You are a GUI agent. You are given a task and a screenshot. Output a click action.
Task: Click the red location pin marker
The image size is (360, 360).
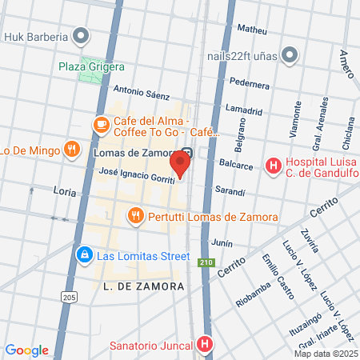[181, 163]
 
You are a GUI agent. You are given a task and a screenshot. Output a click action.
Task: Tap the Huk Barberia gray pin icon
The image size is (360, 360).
[80, 35]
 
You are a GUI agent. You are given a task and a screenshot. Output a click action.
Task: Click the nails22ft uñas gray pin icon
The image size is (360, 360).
[290, 54]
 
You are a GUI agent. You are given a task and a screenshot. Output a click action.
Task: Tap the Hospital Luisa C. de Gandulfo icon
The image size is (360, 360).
[274, 166]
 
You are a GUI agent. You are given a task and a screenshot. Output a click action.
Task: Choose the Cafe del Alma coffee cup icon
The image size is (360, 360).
[101, 125]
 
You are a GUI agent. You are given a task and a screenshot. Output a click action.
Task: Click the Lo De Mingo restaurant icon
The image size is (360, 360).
[72, 148]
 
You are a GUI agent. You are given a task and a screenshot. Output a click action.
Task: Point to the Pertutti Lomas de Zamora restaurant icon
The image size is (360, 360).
[135, 216]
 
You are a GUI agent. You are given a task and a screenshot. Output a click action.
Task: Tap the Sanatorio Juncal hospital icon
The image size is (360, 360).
[206, 345]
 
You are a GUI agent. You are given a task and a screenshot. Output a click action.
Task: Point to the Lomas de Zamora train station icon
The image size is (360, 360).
[186, 151]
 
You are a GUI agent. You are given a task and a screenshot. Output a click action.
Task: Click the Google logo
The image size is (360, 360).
[26, 350]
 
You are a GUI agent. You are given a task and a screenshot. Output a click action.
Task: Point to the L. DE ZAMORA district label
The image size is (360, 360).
[144, 286]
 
